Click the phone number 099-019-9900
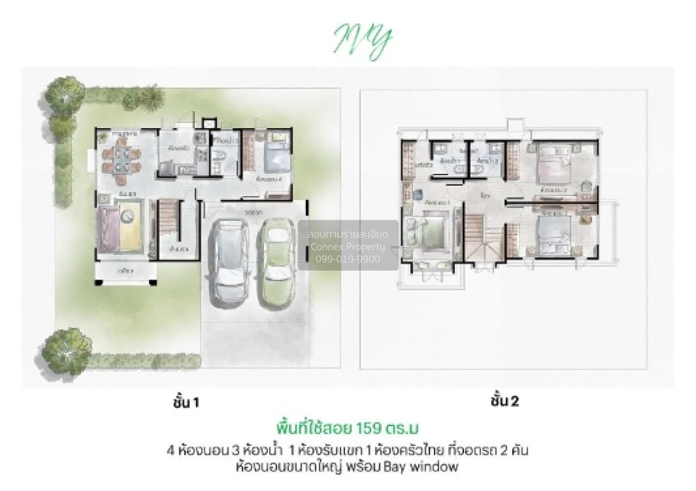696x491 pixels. (348, 259)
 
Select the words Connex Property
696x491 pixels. (348, 247)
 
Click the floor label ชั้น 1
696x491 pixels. (186, 402)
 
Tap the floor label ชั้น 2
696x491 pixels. (505, 401)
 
